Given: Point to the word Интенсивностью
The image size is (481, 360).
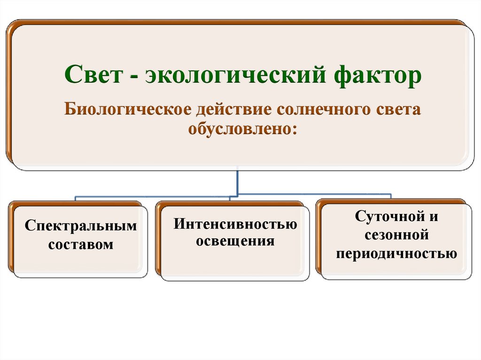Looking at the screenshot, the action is tap(235, 224).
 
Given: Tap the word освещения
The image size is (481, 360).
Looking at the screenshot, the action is tap(235, 241).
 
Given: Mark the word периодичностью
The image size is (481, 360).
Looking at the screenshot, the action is tap(396, 254).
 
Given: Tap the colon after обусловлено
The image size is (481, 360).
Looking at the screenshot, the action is tap(294, 129).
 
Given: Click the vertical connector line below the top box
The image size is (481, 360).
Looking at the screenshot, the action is tap(237, 180).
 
